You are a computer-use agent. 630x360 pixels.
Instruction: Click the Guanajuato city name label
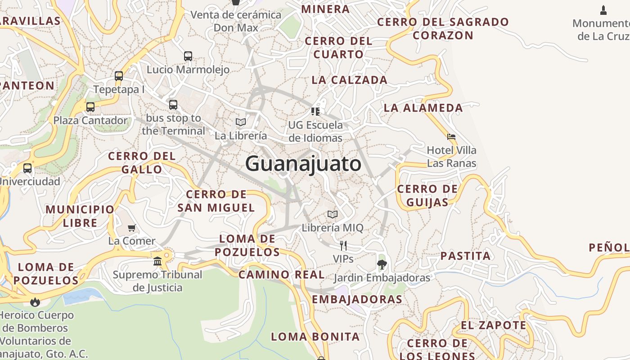303,163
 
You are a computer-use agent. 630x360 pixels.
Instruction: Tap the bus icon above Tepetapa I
119,76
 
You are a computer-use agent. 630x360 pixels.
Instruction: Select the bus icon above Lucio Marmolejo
188,56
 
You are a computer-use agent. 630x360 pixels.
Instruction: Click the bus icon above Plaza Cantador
90,107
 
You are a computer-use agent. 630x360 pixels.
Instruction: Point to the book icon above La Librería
241,122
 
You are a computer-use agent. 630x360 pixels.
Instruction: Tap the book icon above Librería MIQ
333,214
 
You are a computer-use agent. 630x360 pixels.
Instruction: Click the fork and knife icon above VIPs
343,245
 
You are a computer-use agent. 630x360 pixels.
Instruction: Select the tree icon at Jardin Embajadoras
382,264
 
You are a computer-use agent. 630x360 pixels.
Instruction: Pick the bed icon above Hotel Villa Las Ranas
451,137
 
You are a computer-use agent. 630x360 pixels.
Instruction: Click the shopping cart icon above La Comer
132,228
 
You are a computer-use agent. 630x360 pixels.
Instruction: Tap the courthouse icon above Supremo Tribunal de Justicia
157,261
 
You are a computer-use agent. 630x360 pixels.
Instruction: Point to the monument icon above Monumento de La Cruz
603,10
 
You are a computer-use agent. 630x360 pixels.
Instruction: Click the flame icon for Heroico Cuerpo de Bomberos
35,301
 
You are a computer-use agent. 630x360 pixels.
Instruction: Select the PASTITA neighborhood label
465,256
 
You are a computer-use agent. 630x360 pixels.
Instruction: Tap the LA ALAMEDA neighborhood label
423,108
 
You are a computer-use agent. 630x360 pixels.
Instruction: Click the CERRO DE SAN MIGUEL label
216,201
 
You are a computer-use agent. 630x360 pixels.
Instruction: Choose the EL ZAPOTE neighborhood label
493,325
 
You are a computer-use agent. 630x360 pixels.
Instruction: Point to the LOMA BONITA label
315,337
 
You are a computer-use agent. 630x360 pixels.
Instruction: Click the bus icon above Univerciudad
27,168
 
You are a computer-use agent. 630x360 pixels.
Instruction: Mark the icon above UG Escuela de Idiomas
315,111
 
